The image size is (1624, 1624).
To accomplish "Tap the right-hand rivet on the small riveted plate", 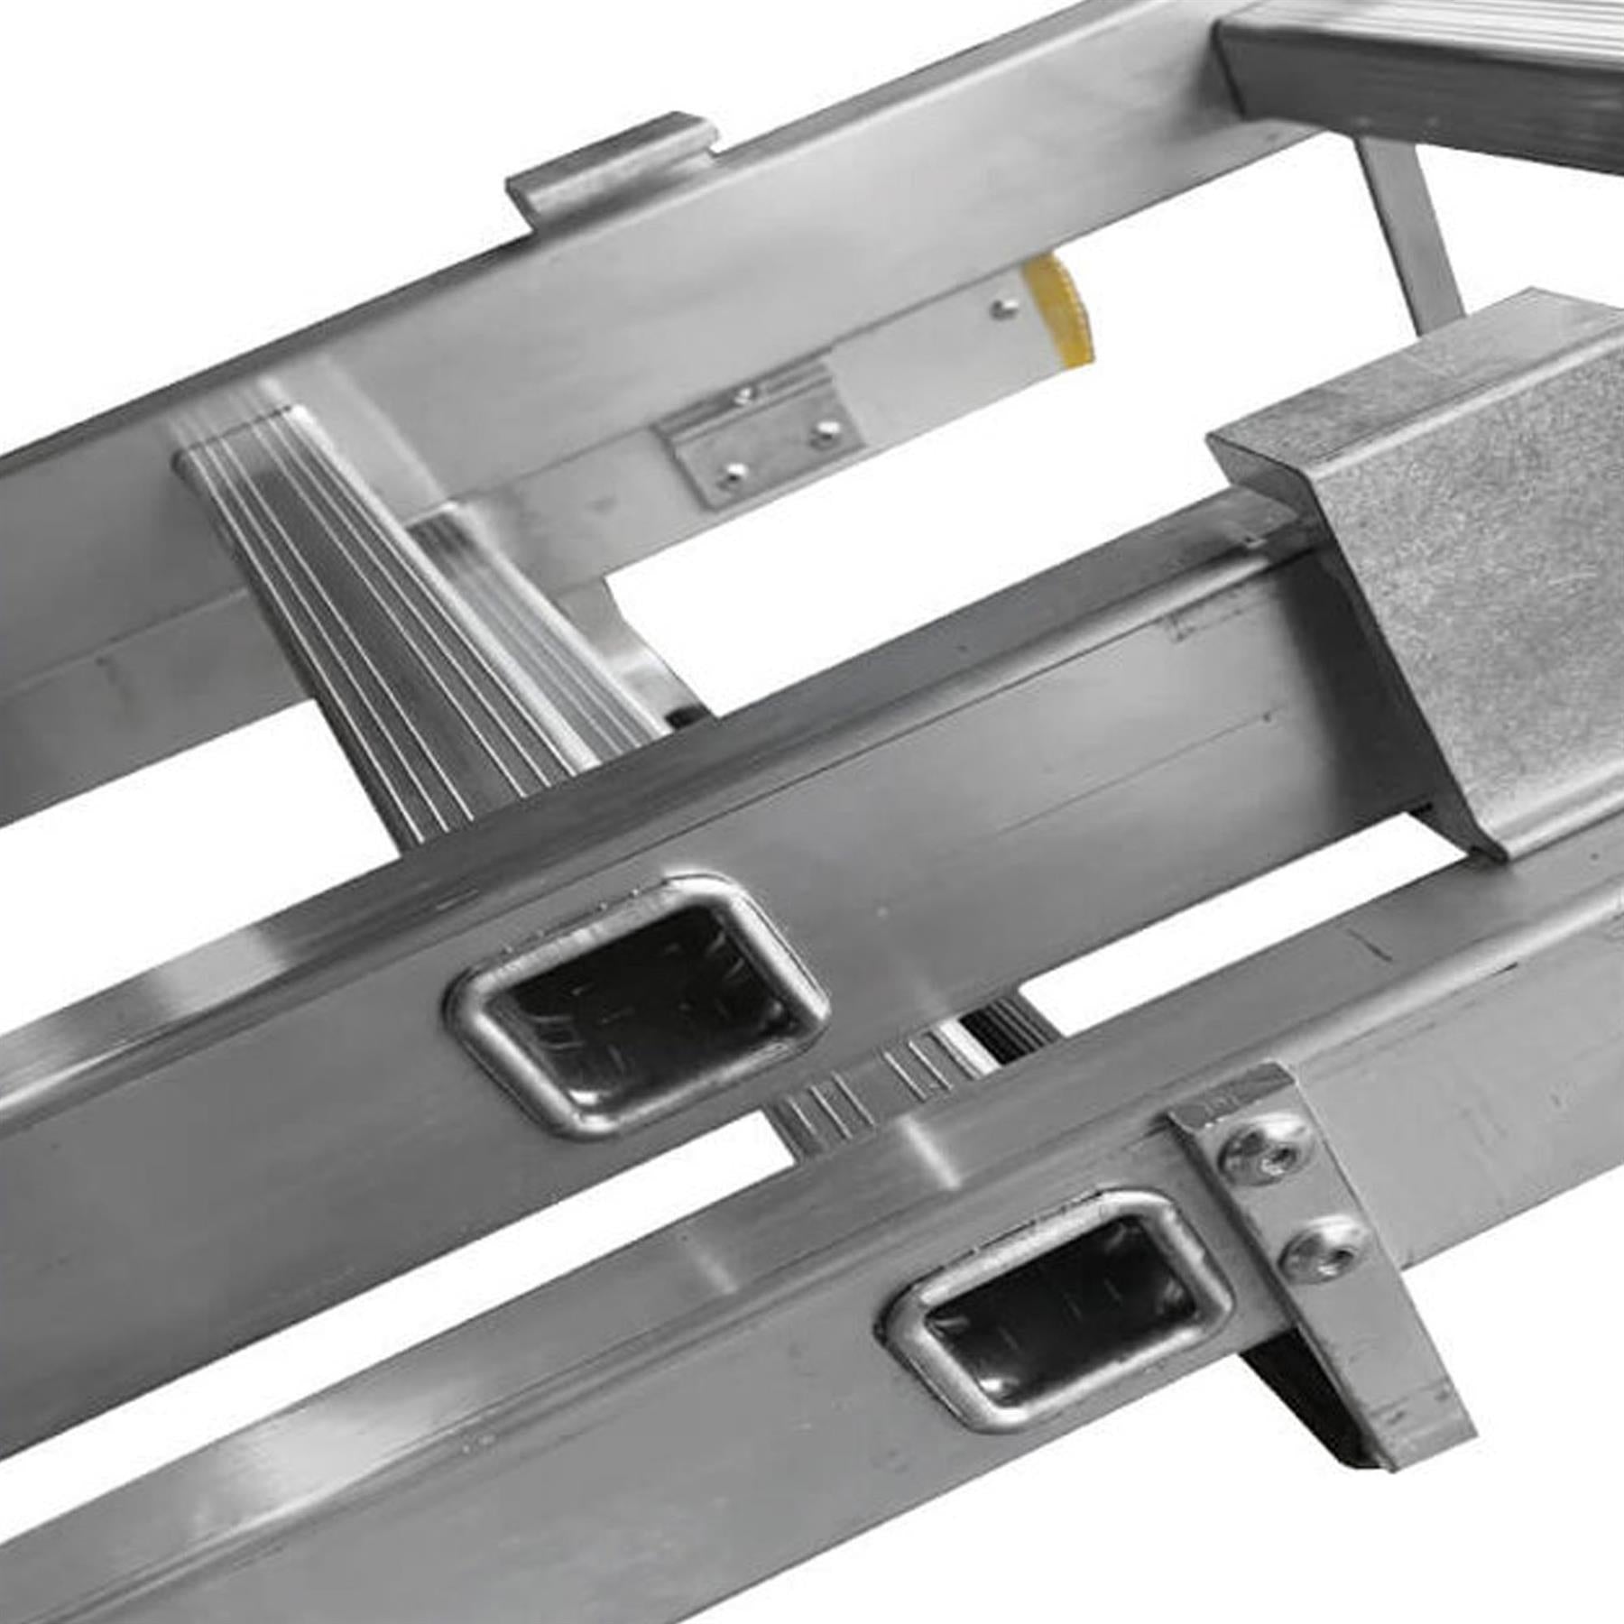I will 824,435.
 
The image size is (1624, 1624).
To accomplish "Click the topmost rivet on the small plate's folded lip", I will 744,394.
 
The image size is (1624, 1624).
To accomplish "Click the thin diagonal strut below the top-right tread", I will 1412,235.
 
